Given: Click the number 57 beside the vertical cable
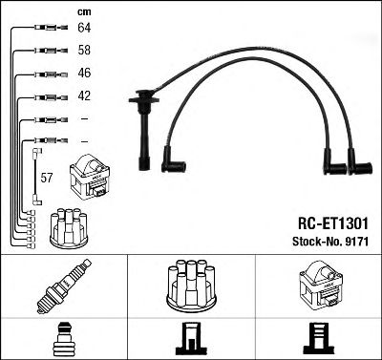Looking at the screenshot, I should tap(46, 178).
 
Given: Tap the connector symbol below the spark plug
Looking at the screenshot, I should tap(64, 337).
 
